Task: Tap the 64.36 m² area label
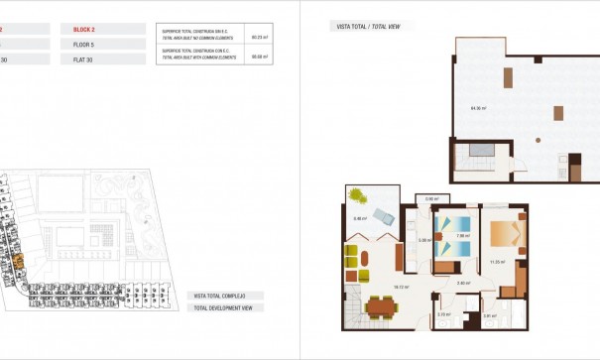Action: (x=477, y=107)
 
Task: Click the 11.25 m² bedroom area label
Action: (x=498, y=262)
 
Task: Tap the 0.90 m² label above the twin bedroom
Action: (x=431, y=199)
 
